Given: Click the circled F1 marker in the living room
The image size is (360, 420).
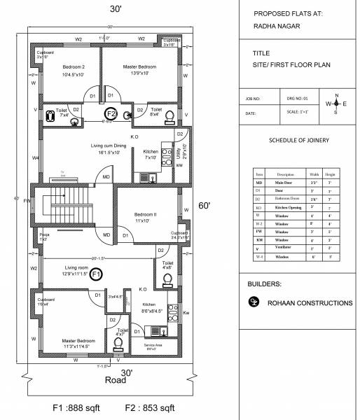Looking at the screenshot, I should click(97, 274).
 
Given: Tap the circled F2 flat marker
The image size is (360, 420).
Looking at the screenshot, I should click(111, 113).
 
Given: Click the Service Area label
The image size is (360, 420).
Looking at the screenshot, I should click(154, 345).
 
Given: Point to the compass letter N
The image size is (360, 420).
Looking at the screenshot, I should click(336, 95).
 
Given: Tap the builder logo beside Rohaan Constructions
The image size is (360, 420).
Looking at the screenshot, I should click(254, 302).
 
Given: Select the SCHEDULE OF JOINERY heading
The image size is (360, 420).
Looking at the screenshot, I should click(299, 140).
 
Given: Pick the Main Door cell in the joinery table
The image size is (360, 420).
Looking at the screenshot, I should click(285, 182).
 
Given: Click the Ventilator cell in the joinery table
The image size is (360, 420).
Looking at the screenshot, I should click(285, 248).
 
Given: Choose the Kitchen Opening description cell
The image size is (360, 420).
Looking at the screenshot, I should click(285, 208).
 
